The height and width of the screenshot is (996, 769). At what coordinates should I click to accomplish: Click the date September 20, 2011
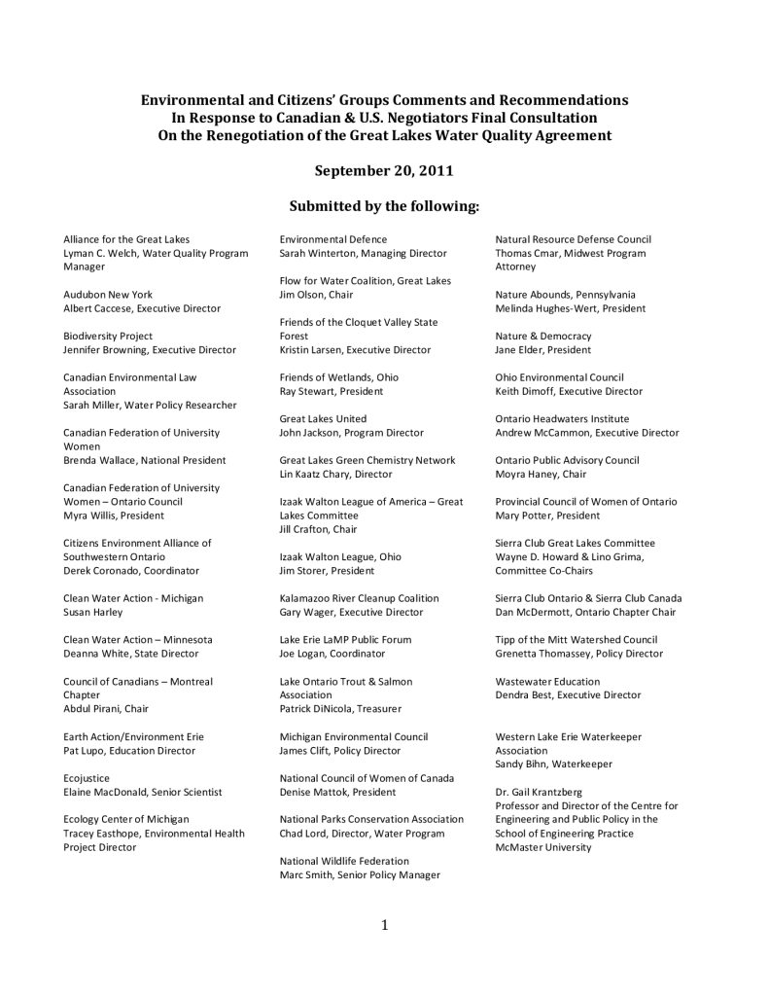[384, 170]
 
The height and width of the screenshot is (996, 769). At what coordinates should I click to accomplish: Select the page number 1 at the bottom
[385, 925]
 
